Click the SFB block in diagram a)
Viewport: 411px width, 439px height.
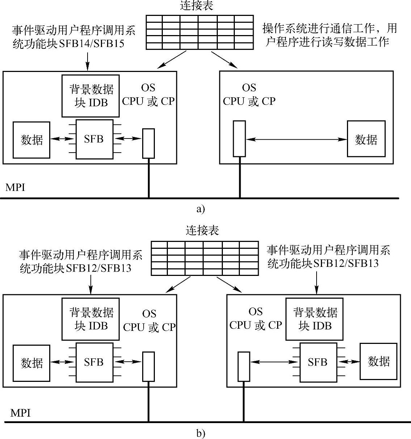94,139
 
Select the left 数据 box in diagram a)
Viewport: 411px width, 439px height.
31,140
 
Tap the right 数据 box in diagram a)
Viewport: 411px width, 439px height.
366,139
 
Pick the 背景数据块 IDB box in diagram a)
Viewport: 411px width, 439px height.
90,96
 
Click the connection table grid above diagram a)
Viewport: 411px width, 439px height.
199,32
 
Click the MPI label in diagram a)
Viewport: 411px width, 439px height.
15,188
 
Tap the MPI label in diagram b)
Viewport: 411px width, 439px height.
20,413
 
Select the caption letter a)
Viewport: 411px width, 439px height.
200,209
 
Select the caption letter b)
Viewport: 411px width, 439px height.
201,433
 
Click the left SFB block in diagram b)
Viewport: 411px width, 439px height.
94,362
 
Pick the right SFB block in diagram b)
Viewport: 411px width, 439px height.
318,362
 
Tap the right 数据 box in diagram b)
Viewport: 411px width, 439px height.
378,361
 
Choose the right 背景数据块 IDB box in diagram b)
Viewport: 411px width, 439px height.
314,319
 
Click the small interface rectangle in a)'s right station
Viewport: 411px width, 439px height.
239,138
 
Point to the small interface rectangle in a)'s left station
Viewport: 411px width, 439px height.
148,143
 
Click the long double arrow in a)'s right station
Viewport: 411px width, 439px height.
296,139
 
